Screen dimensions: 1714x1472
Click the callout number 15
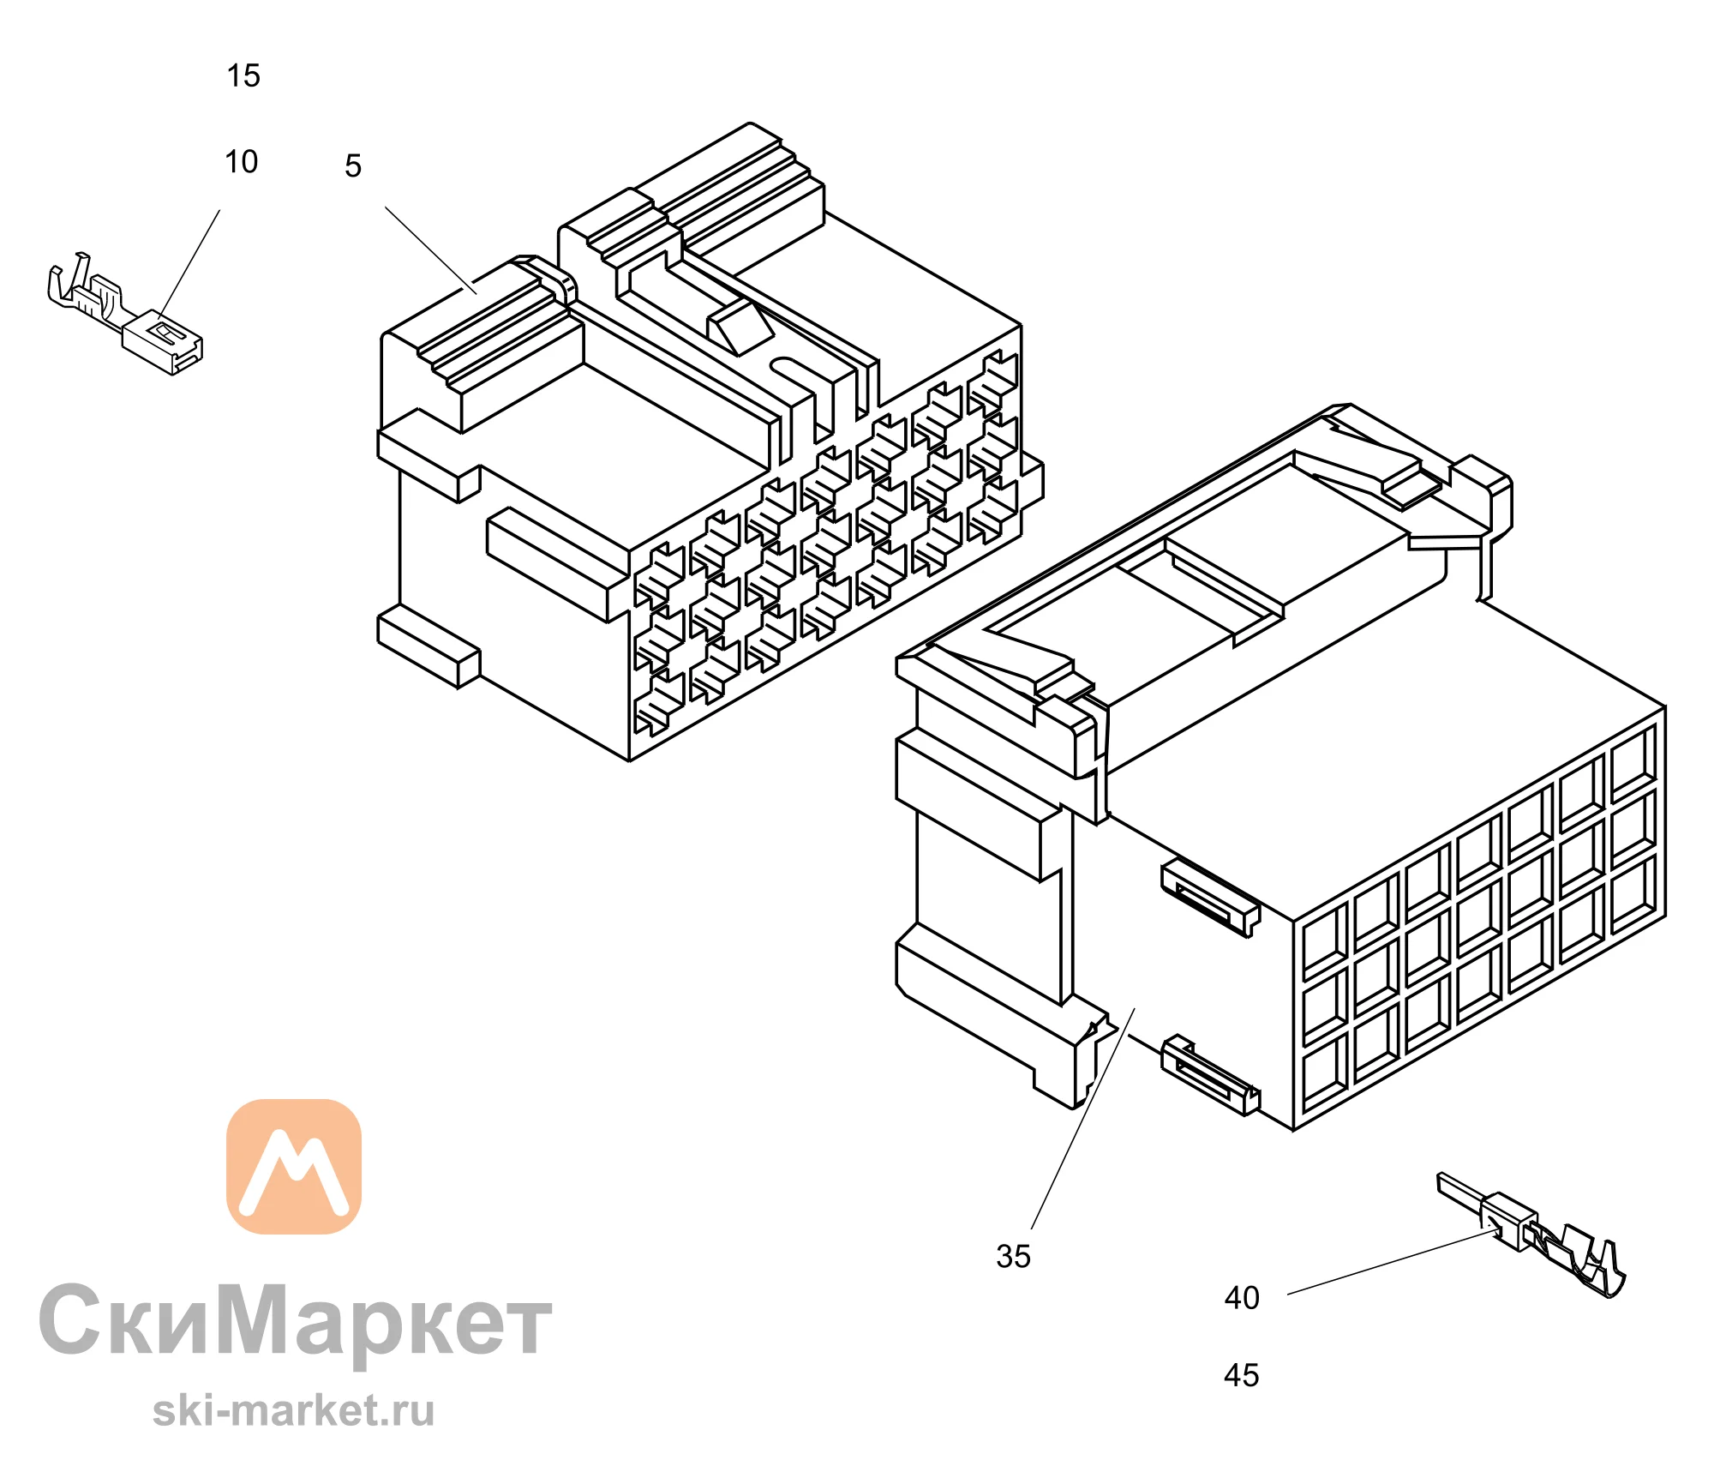point(243,75)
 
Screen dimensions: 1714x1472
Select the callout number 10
point(242,161)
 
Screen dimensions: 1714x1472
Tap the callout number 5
point(353,165)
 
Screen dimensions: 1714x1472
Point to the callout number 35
point(1013,1257)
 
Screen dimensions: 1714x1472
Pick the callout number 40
point(1242,1298)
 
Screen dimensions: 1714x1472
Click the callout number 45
point(1242,1376)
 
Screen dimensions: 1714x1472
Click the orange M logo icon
point(294,1167)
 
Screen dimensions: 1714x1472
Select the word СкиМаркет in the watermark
point(296,1322)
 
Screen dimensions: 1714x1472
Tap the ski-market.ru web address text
point(294,1411)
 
